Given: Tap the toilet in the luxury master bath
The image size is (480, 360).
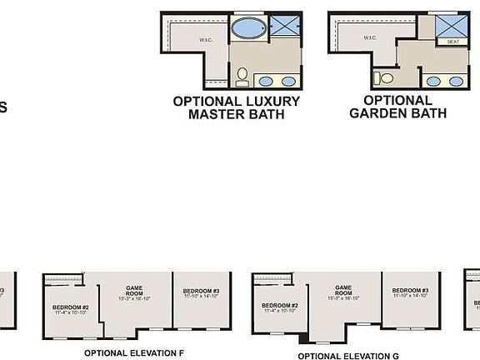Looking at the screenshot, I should tap(242, 77).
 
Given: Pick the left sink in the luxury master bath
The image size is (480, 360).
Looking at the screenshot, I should tap(267, 82).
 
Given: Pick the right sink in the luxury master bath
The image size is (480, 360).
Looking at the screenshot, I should tap(288, 82).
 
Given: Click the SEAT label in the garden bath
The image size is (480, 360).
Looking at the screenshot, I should tap(453, 42).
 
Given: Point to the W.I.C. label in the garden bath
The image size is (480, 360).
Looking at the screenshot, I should tap(371, 38).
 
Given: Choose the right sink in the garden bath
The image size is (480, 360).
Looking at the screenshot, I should tap(456, 82).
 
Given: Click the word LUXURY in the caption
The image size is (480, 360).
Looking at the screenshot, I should tap(269, 101).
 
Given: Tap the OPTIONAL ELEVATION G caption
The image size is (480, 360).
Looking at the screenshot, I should tap(343, 355).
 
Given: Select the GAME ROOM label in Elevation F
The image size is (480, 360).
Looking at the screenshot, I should tap(135, 292).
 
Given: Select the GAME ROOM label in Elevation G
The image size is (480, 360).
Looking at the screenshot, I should tap(343, 292).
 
